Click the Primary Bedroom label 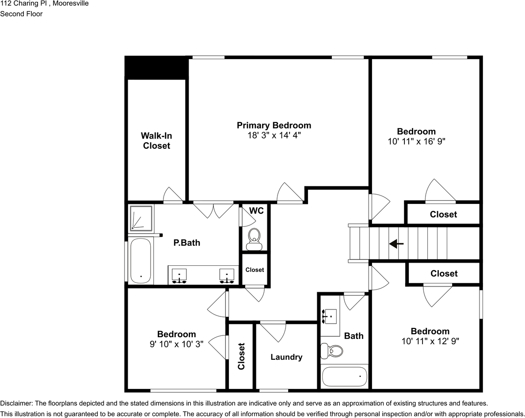click(x=274, y=125)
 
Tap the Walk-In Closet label click(x=156, y=140)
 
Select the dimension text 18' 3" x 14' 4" click(x=274, y=136)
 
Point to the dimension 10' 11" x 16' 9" click(x=416, y=142)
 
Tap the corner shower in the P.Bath click(x=141, y=218)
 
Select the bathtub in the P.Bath click(x=141, y=261)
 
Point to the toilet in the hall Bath click(x=333, y=351)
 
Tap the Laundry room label click(x=286, y=357)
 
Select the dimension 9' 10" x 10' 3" click(x=176, y=344)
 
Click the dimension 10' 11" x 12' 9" click(x=430, y=341)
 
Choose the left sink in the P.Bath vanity click(x=179, y=275)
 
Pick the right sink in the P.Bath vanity click(x=227, y=275)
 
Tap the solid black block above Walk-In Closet click(x=156, y=68)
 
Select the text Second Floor click(x=21, y=14)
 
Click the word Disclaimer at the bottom click(x=16, y=403)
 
